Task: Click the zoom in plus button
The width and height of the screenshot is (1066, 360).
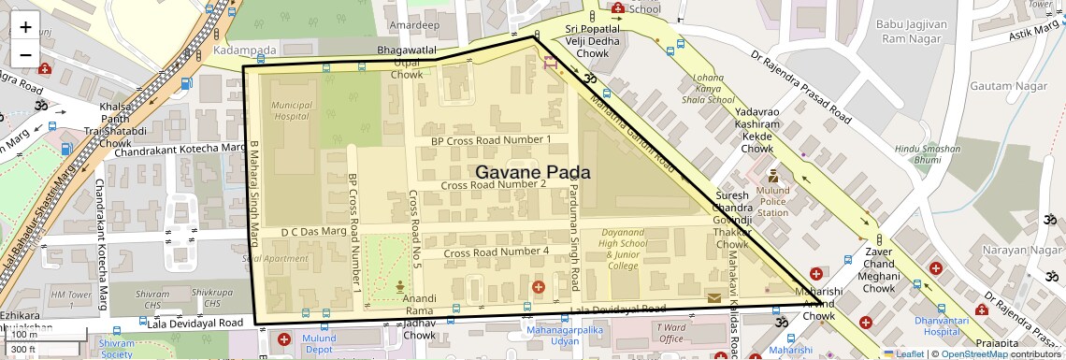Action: point(25,26)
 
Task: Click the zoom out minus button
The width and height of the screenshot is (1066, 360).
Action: point(25,54)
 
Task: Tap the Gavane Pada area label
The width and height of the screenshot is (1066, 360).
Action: point(533,173)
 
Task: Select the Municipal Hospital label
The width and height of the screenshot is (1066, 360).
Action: point(291,112)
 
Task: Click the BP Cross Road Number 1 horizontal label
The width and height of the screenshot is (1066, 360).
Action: point(491,140)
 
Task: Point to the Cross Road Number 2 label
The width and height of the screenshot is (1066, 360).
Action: point(495,184)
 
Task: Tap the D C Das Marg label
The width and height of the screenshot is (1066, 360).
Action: point(314,231)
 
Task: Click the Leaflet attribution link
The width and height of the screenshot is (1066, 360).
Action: point(903,353)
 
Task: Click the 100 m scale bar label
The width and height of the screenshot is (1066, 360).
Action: point(25,335)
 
